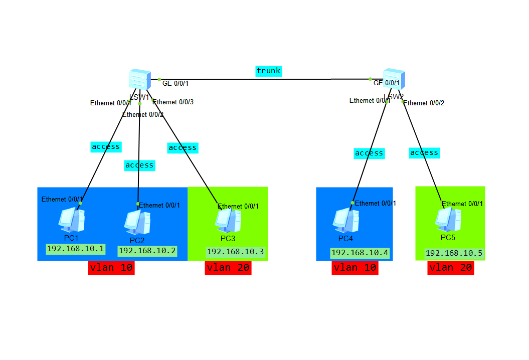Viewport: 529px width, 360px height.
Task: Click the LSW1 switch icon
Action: tap(139, 79)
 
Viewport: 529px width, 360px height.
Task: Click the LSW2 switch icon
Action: tap(394, 79)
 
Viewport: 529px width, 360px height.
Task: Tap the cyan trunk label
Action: tap(268, 71)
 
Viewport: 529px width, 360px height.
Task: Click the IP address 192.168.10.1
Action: tap(75, 249)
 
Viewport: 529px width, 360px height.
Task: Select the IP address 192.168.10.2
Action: tap(147, 251)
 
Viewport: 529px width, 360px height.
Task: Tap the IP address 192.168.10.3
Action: tap(235, 252)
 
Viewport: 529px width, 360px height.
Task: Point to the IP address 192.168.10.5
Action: tap(454, 253)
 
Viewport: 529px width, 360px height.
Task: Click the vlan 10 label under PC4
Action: tap(355, 268)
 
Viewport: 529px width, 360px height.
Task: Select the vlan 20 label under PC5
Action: tap(450, 268)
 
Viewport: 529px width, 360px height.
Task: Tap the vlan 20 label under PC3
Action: tap(228, 268)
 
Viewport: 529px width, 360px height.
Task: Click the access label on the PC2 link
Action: tap(139, 165)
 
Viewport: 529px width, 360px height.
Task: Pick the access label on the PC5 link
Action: tap(424, 152)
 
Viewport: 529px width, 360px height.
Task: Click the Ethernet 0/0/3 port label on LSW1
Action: tap(173, 102)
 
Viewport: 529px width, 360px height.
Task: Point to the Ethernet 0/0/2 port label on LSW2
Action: tap(424, 103)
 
